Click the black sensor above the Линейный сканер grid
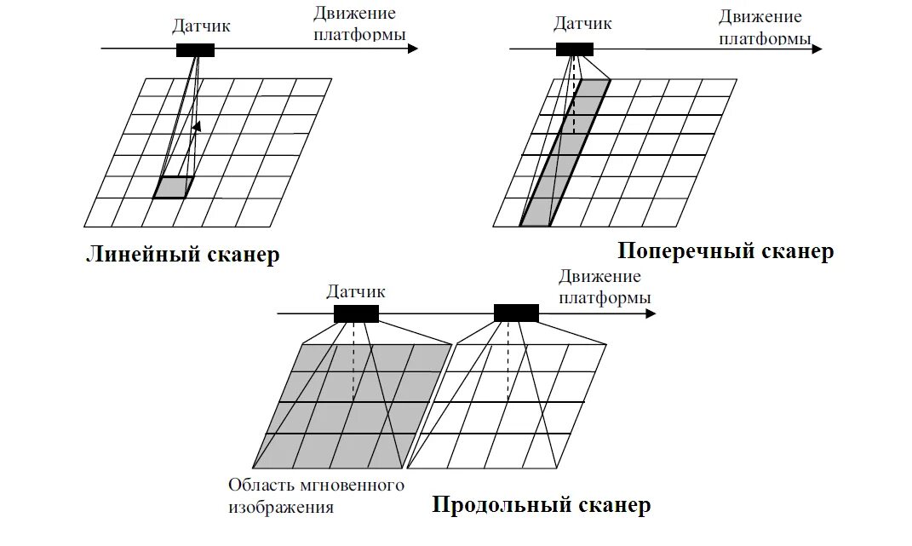tap(195, 49)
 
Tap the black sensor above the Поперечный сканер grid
tap(575, 49)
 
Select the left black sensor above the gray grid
tap(356, 313)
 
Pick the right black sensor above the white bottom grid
tap(516, 313)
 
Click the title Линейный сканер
tap(182, 255)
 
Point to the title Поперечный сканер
tap(726, 251)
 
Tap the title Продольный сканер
tap(542, 506)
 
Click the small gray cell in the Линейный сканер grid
tap(173, 187)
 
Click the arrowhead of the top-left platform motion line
tap(413, 49)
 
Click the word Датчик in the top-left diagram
tap(201, 26)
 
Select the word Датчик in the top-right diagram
tap(582, 23)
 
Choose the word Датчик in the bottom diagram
tap(356, 291)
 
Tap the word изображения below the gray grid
tap(280, 508)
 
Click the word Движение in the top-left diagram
tap(354, 14)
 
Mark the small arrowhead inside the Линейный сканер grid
tap(197, 127)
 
